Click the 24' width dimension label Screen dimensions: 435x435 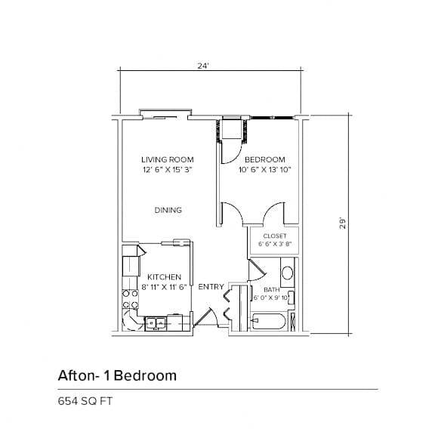coord(202,66)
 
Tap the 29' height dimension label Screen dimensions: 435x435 coord(342,224)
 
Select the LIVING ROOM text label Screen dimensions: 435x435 coord(168,159)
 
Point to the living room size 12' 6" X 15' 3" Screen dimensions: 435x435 coord(168,170)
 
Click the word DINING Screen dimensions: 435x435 coord(168,210)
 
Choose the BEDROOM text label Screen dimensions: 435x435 coord(264,159)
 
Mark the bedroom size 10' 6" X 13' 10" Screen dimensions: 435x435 coord(264,170)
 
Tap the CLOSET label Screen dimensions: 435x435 coord(274,236)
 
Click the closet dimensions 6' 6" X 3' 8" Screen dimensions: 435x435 coord(274,244)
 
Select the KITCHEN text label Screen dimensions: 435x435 coord(164,277)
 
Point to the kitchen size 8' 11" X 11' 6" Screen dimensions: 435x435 coord(164,288)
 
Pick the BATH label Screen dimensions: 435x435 coord(271,290)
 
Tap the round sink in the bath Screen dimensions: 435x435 coord(287,273)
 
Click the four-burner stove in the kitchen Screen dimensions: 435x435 coord(130,300)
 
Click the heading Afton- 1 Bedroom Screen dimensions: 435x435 coord(117,375)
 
